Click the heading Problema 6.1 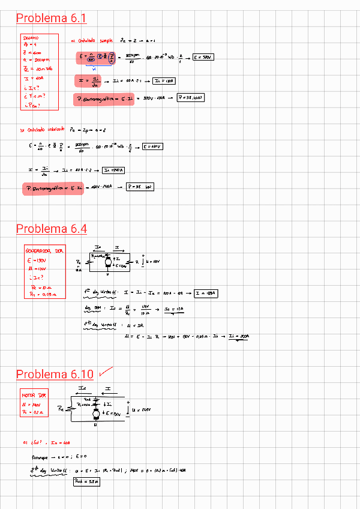(x=51, y=19)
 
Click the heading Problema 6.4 (x=51, y=229)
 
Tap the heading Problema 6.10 (x=55, y=375)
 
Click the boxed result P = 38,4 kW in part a (x=191, y=98)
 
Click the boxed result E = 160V (x=153, y=146)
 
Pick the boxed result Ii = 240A (x=115, y=170)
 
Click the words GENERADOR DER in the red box (x=44, y=251)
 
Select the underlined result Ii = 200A (x=238, y=337)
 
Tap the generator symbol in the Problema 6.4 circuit (x=108, y=261)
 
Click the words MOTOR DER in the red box (x=34, y=396)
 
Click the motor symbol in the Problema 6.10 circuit (x=97, y=414)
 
